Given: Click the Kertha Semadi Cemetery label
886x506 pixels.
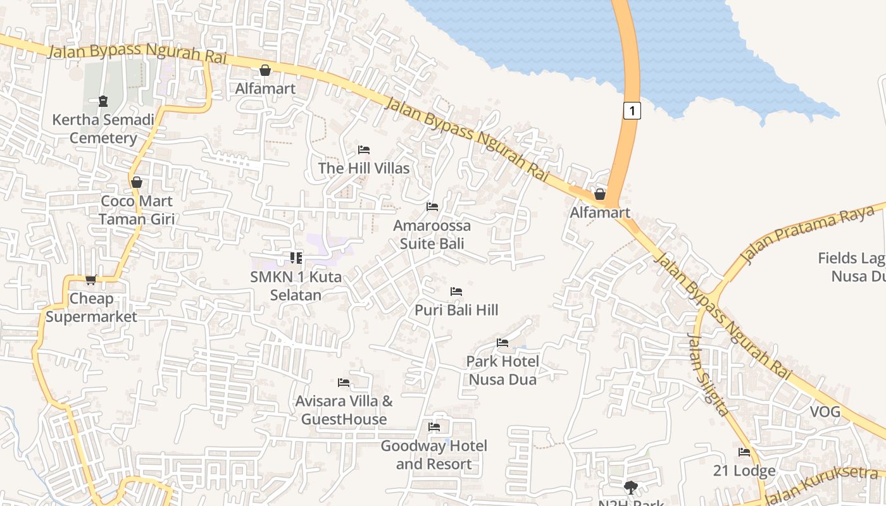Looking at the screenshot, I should [103, 129].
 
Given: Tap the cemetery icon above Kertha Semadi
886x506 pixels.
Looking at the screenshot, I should [103, 101].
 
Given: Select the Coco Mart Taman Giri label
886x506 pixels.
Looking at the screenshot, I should [136, 210].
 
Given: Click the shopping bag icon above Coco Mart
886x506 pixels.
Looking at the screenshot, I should [136, 183].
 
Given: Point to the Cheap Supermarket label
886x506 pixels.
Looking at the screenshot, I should [91, 307].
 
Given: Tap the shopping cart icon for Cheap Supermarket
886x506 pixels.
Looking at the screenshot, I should [91, 280].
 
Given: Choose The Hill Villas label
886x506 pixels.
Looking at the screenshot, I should [364, 168].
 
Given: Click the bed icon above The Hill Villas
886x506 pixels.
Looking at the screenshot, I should [364, 150].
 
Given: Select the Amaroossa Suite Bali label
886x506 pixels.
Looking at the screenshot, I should [432, 235].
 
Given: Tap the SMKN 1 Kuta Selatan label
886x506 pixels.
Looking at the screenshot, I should [296, 286].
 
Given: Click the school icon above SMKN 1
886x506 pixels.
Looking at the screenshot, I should [296, 258].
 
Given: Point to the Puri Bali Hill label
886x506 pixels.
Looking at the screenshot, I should [456, 310].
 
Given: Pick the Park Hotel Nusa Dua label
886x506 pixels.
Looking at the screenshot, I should [502, 371].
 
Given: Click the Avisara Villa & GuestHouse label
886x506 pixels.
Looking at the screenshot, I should [344, 410].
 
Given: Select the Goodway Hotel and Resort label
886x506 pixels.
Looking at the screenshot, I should [434, 455].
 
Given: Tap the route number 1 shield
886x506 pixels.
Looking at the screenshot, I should [632, 111].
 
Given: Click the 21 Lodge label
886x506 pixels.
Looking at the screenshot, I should [744, 471].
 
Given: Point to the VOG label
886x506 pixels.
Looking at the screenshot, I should [825, 412].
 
